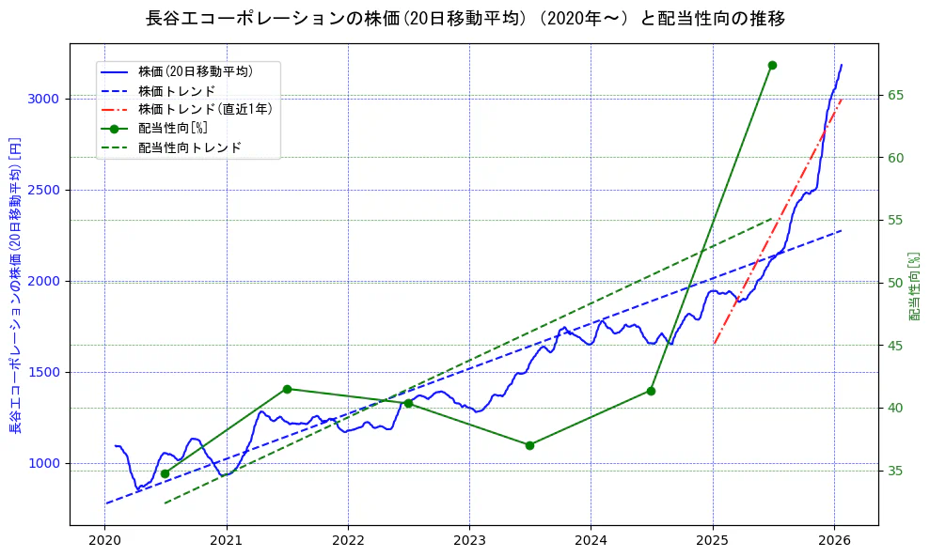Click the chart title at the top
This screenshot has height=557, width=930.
coord(465,19)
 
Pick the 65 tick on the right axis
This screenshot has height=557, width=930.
coord(896,95)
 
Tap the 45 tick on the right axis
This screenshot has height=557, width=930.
coord(896,346)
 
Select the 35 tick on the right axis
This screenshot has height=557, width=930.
coord(896,471)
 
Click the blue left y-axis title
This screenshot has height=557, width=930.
coord(15,286)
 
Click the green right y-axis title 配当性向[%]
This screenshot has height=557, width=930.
coord(914,286)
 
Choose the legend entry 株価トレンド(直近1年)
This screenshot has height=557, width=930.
coord(205,109)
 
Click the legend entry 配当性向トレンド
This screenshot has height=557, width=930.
coord(189,147)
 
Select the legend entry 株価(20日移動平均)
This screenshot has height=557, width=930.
coord(195,70)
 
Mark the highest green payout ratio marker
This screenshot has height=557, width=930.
coord(772,65)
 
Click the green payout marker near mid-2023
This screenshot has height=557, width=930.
coord(529,445)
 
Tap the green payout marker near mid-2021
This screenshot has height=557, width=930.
coord(287,389)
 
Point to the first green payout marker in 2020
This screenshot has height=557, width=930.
coord(166,473)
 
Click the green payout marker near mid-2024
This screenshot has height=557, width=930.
coord(651,391)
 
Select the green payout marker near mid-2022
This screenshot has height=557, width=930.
coord(408,404)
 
